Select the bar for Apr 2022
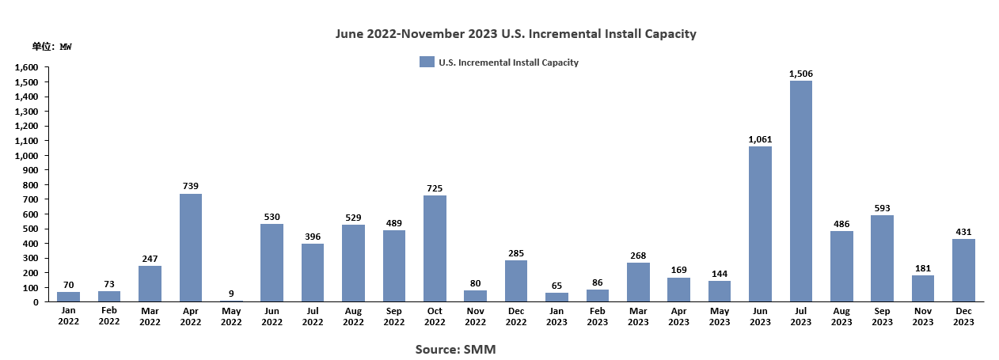(191, 248)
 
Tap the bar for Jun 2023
(760, 224)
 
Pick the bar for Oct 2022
(435, 248)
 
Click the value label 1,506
(801, 74)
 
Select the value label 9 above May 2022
(231, 294)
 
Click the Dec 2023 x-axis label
(963, 316)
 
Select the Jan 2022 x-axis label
(69, 316)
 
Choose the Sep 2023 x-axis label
(883, 316)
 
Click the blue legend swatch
(427, 63)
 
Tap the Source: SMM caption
(455, 349)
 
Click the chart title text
(515, 34)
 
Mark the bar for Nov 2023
(923, 288)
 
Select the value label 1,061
(760, 139)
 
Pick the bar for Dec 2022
(516, 281)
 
